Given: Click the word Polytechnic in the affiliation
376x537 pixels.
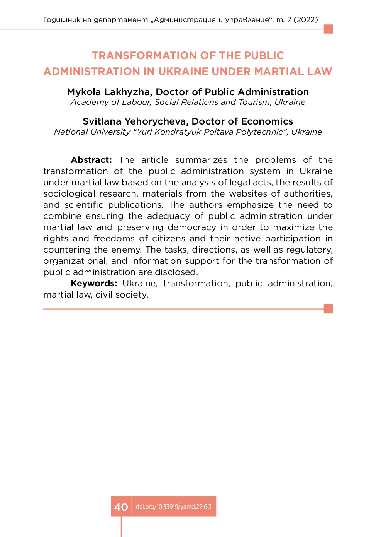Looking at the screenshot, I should [x=259, y=132].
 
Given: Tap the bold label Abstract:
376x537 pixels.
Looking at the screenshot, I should [x=91, y=160].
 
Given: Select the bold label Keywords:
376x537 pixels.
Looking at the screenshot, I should [x=94, y=284].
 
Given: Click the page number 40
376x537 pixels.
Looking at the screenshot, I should [x=121, y=507].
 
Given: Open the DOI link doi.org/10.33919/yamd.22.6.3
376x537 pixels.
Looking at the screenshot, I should [x=173, y=507].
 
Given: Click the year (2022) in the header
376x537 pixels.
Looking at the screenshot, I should [x=306, y=20].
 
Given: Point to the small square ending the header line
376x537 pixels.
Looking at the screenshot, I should [x=328, y=29].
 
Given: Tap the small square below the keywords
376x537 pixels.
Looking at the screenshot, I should [x=328, y=309].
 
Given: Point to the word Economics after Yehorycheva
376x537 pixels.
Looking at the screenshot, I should [x=267, y=121].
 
